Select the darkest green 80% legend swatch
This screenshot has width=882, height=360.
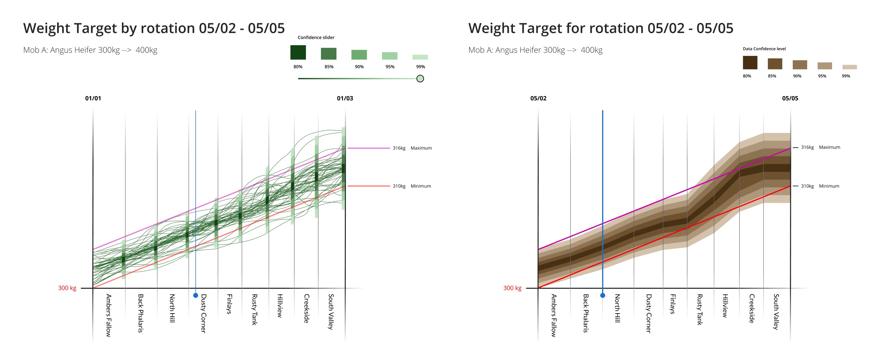coord(298,52)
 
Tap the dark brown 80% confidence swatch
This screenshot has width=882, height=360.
coord(750,63)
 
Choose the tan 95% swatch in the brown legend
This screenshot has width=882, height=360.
coord(825,66)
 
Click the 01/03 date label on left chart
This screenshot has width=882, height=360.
coord(345,98)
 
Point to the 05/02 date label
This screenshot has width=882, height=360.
coord(538,98)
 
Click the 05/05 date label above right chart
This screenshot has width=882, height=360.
coord(790,98)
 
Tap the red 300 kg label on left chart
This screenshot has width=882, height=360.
coord(67,288)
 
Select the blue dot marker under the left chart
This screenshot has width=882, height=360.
coord(195,295)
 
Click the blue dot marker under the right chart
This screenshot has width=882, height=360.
coord(603,295)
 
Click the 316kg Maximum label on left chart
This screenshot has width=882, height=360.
coord(412,148)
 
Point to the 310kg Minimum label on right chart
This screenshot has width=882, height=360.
coord(820,186)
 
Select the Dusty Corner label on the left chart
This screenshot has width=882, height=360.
coord(203,313)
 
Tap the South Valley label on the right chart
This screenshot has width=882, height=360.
coord(776,311)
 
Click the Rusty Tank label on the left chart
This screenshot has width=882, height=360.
coord(254,309)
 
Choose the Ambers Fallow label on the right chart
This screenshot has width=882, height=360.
coord(554,315)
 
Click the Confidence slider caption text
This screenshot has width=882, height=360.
coord(316,37)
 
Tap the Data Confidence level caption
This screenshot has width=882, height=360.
coord(764,49)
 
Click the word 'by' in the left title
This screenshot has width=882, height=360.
coord(129,29)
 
